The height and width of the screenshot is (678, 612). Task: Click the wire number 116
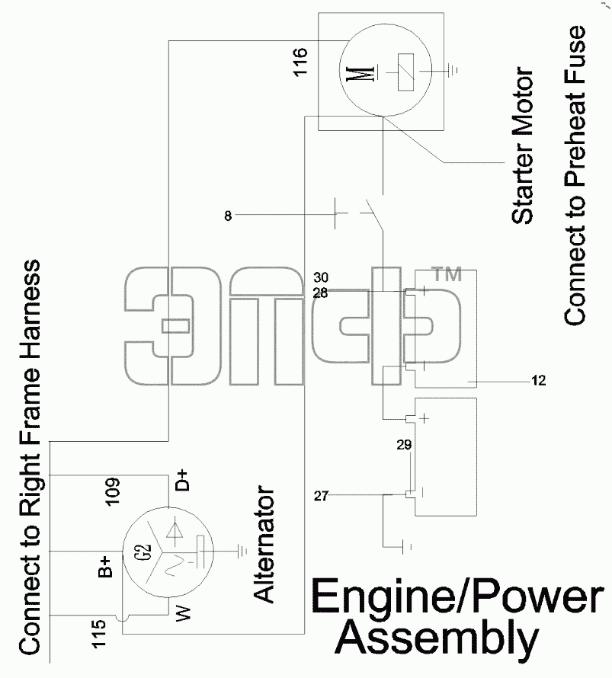tap(300, 62)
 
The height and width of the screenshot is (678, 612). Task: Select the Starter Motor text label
tap(523, 146)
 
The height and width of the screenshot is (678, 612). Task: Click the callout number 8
tap(228, 216)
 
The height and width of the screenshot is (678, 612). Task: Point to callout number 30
tap(321, 277)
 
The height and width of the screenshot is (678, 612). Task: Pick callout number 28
tap(321, 293)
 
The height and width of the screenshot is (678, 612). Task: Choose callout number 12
tap(539, 380)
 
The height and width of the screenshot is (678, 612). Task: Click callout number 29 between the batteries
tap(404, 444)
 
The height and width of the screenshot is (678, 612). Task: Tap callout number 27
tap(321, 495)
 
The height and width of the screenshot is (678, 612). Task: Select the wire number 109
tap(112, 491)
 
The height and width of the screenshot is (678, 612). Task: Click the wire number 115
tap(99, 634)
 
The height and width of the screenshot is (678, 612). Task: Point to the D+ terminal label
tap(183, 480)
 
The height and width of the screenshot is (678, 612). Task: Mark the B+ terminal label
tap(104, 568)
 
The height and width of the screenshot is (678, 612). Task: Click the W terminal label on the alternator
tap(183, 614)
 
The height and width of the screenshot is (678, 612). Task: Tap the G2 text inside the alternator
tap(146, 552)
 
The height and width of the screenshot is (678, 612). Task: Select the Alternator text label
tap(264, 545)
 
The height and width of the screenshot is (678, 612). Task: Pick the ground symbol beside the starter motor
tap(453, 70)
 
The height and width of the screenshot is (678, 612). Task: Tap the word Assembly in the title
tap(437, 638)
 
